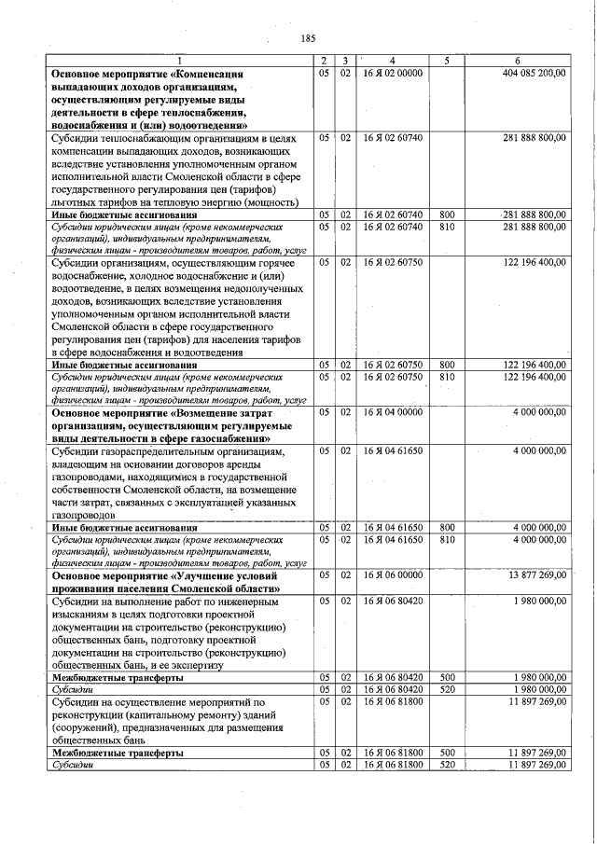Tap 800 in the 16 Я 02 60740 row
coord(446,214)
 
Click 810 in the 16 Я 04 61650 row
coord(446,539)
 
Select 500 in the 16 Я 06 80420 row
coord(446,677)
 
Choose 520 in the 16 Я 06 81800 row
coord(446,765)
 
